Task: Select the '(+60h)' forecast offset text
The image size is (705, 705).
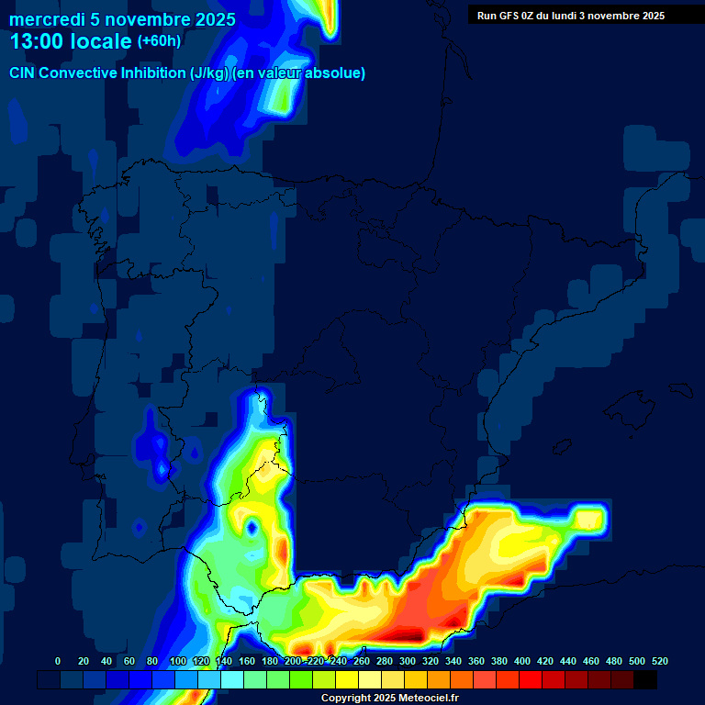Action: click(159, 41)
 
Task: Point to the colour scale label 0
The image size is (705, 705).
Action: click(58, 661)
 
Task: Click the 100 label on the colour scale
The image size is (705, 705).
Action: click(177, 661)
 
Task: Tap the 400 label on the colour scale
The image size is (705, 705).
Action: click(521, 661)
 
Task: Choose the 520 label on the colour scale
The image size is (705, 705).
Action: click(659, 661)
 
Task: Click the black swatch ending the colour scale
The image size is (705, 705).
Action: click(645, 679)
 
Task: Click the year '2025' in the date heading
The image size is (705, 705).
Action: click(215, 19)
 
